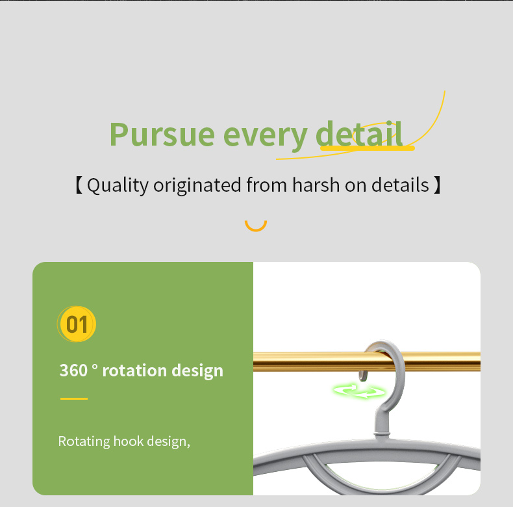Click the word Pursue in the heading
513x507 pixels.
tap(162, 135)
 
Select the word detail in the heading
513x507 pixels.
tap(359, 133)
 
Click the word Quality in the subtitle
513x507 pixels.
tap(118, 185)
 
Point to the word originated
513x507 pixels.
tap(197, 185)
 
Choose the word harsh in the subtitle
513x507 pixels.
tap(316, 185)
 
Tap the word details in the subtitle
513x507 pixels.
tap(400, 185)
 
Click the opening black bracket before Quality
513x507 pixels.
tap(79, 185)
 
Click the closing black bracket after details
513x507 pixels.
tap(437, 185)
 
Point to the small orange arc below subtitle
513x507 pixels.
tap(256, 229)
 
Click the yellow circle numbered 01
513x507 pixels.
tap(77, 324)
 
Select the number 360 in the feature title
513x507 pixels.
tap(73, 370)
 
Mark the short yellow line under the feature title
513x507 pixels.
tap(74, 398)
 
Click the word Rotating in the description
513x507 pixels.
tap(84, 441)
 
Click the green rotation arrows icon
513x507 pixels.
tap(359, 391)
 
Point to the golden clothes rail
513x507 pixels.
tap(366, 361)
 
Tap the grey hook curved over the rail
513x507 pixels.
tap(401, 370)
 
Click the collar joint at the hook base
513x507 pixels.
tap(382, 434)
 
